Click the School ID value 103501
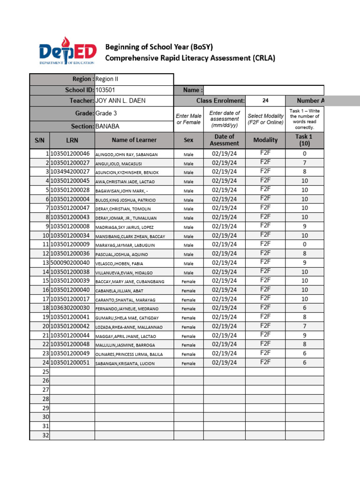[x=105, y=90]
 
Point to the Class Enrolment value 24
[x=265, y=101]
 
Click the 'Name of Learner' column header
[x=134, y=140]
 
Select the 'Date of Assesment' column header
[x=224, y=140]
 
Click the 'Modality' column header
[x=265, y=140]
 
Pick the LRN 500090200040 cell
[x=70, y=262]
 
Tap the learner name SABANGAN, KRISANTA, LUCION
[x=124, y=363]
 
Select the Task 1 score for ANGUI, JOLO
[x=305, y=163]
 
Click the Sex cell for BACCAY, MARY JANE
[x=188, y=282]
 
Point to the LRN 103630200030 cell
[x=70, y=308]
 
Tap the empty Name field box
[x=264, y=90]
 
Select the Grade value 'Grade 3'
[x=106, y=113]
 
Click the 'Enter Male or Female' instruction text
[x=188, y=119]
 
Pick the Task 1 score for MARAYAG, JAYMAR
[x=305, y=244]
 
